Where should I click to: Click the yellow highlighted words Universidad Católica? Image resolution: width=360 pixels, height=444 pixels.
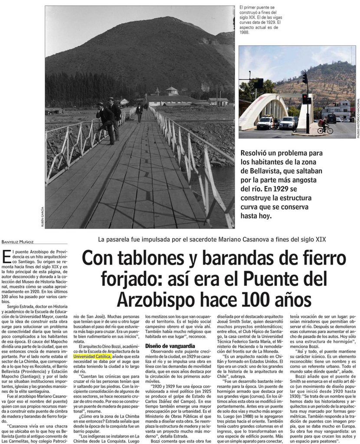tap(92, 356)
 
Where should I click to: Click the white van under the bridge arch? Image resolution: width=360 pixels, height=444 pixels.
tap(265, 123)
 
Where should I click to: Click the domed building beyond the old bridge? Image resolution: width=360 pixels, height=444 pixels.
tap(171, 91)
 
